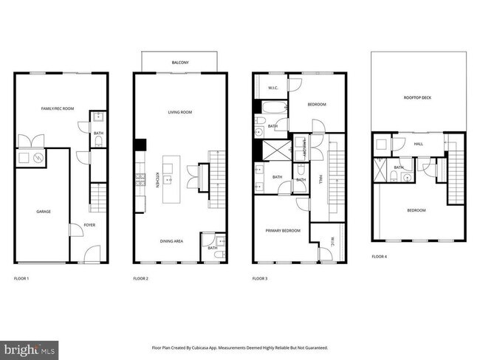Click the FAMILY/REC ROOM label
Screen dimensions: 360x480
tap(57, 108)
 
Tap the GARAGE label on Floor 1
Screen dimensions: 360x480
tap(44, 211)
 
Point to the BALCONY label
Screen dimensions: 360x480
tap(180, 63)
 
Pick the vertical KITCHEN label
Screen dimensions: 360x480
tap(157, 180)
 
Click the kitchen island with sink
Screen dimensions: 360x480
tap(170, 179)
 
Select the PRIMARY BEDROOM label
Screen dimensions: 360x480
tap(284, 231)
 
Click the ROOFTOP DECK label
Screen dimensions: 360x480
tap(418, 97)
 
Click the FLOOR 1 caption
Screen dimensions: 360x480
tap(22, 279)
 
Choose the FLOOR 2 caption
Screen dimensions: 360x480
tap(141, 279)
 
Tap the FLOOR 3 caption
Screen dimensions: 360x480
tap(260, 279)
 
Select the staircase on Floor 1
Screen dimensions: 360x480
tap(93, 197)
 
